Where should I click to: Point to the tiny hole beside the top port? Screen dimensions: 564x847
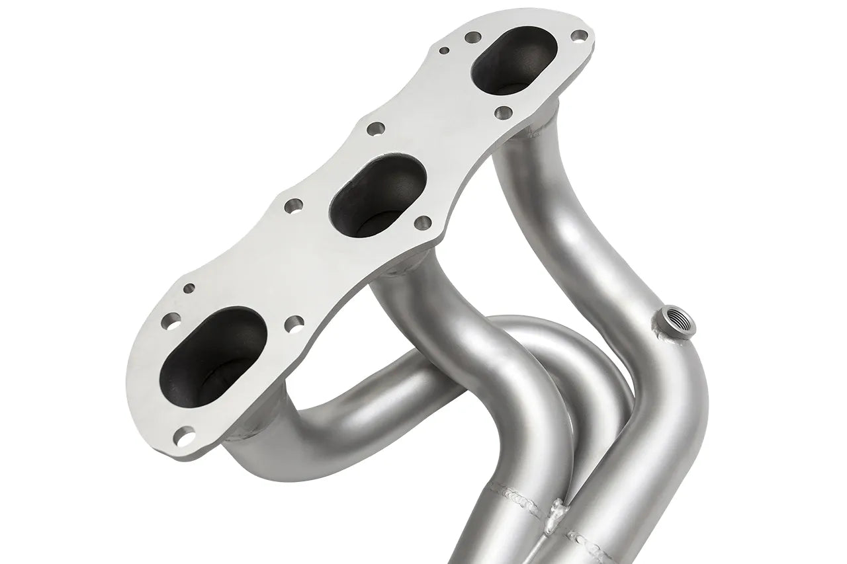tap(445, 50)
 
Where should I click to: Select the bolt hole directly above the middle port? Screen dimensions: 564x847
tap(376, 129)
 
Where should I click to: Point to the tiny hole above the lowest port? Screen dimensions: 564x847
tap(189, 288)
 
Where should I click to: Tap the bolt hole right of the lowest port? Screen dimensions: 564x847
tap(294, 323)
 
